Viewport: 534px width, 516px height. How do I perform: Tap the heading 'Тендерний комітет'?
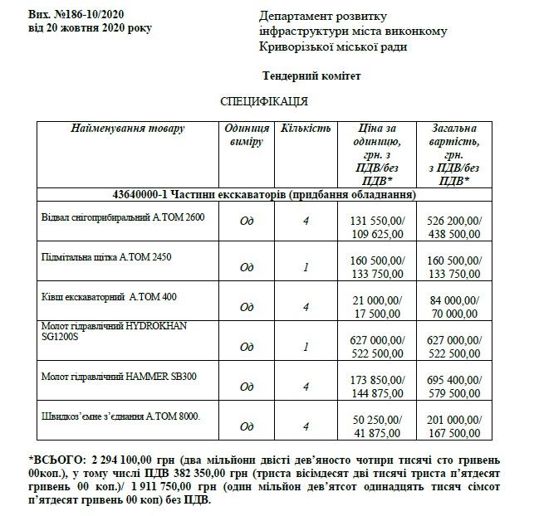[x=311, y=76]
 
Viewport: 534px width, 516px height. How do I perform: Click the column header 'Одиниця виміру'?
[x=246, y=135]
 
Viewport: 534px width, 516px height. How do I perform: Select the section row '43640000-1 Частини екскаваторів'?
[x=263, y=194]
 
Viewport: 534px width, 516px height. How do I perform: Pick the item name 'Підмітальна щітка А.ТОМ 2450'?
[x=108, y=257]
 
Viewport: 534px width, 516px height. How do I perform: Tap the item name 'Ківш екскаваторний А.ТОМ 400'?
[x=109, y=296]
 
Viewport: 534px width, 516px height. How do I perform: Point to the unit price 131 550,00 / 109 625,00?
[x=378, y=228]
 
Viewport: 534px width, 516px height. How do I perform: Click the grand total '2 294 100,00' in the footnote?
[x=120, y=458]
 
